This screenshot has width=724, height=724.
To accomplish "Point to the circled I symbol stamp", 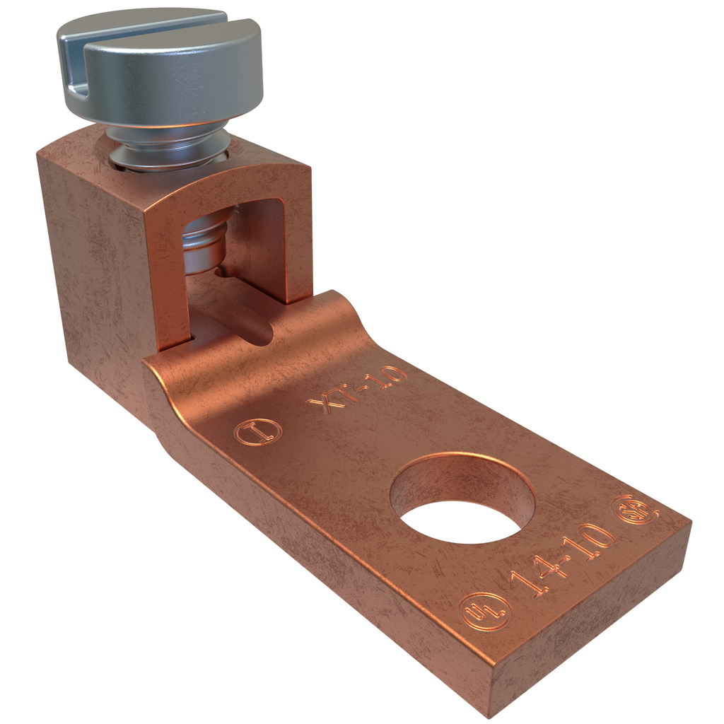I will click(x=257, y=432).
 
